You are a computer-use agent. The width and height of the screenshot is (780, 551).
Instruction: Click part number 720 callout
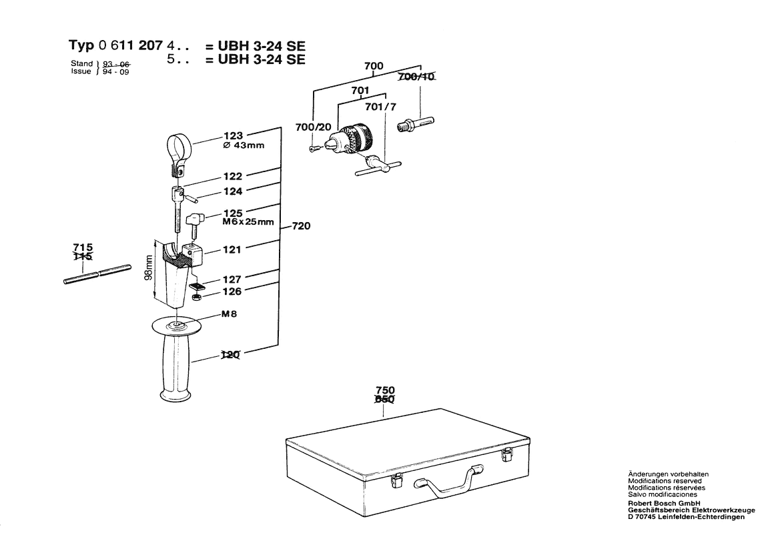301,227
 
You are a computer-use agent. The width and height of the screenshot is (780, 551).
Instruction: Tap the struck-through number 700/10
416,78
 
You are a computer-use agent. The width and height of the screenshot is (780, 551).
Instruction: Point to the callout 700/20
313,127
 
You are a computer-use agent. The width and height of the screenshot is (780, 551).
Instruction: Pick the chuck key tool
377,165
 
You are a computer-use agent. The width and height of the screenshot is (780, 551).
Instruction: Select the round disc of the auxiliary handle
177,326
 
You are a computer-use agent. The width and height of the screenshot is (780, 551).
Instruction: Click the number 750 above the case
385,390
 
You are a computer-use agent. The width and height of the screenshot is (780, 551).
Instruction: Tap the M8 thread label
230,314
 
